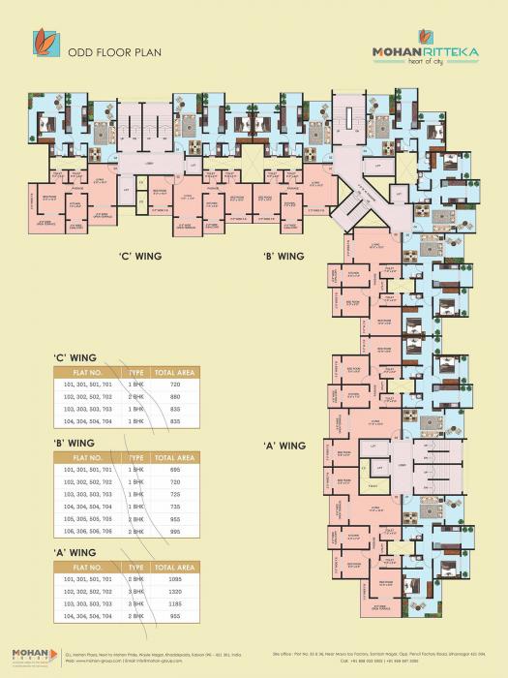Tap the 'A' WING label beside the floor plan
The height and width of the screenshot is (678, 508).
[284, 446]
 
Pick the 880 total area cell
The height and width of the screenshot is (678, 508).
[175, 397]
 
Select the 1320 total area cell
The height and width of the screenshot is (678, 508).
[175, 591]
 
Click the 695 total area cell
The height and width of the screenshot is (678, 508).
[175, 469]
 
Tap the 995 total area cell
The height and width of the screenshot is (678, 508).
[175, 531]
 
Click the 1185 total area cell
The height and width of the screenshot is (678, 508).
[175, 603]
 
